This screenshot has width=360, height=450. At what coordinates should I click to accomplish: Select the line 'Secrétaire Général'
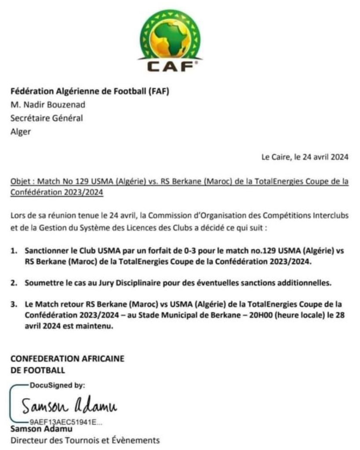pos(46,118)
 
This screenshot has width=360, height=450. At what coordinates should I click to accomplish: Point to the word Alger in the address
pos(21,131)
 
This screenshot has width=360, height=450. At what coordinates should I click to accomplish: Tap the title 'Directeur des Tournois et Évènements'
pos(85,440)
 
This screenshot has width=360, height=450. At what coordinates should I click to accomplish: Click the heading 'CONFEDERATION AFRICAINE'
pos(67,359)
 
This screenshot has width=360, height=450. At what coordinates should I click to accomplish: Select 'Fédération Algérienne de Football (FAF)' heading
pos(90,91)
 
